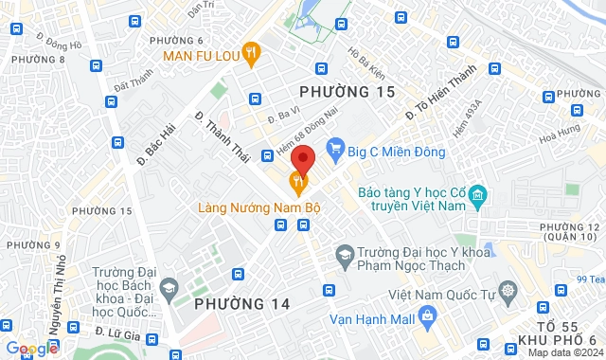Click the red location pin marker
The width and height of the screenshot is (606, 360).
pyautogui.click(x=302, y=157)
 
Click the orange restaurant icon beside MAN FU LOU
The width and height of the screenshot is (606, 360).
pyautogui.click(x=251, y=54)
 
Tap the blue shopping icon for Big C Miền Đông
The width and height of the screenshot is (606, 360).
pyautogui.click(x=333, y=147)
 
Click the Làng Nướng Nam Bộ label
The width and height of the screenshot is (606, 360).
pyautogui.click(x=256, y=205)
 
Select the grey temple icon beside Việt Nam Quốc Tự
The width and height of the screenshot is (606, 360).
pyautogui.click(x=509, y=290)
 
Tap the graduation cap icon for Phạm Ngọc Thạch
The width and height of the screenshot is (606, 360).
pyautogui.click(x=344, y=254)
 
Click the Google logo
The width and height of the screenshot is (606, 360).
pyautogui.click(x=30, y=349)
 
